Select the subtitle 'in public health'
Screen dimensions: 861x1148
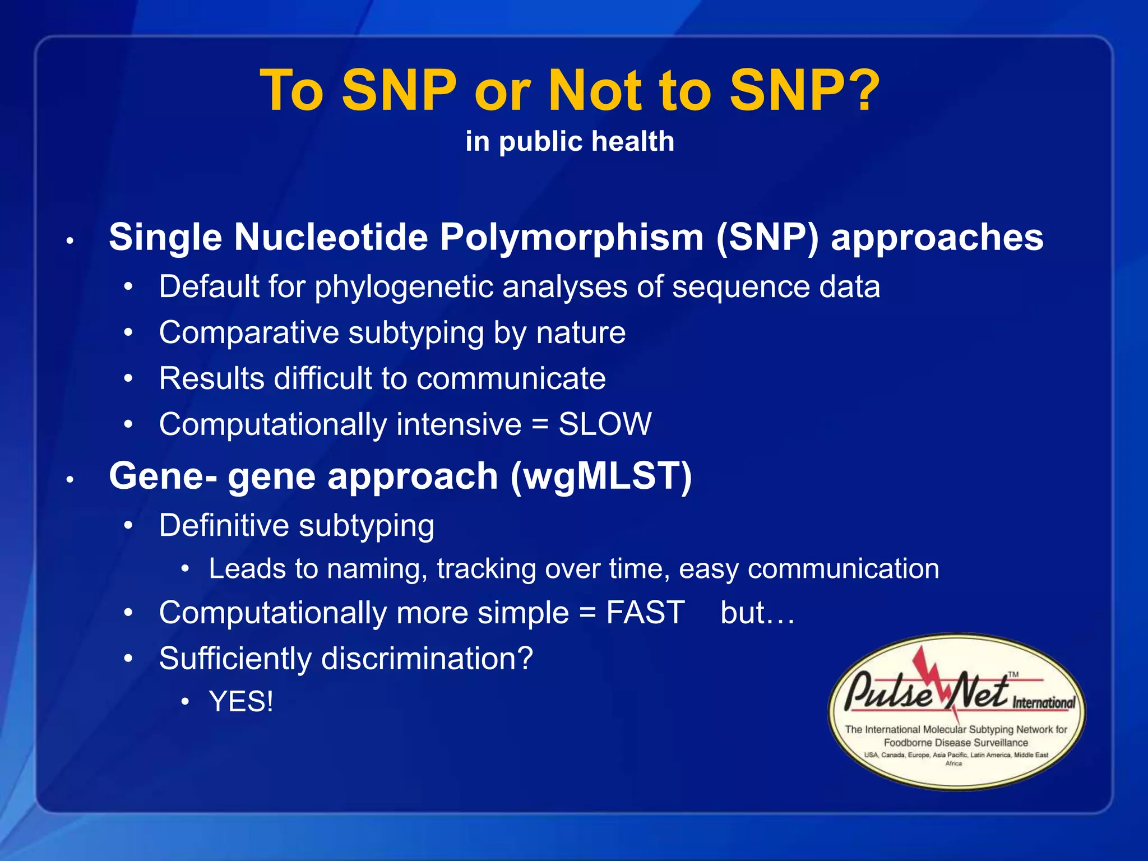click(570, 141)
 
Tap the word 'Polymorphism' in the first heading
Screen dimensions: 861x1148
click(571, 238)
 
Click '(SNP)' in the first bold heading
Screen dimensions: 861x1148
click(767, 238)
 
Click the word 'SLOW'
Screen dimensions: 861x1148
click(605, 424)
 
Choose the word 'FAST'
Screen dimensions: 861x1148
click(645, 613)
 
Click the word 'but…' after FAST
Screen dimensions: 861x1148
click(757, 613)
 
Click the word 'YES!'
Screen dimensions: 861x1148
click(241, 702)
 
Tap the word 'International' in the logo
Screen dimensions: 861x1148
click(1043, 703)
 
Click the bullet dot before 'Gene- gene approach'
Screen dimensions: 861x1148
click(70, 480)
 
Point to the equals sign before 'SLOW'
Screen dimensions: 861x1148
click(540, 425)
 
